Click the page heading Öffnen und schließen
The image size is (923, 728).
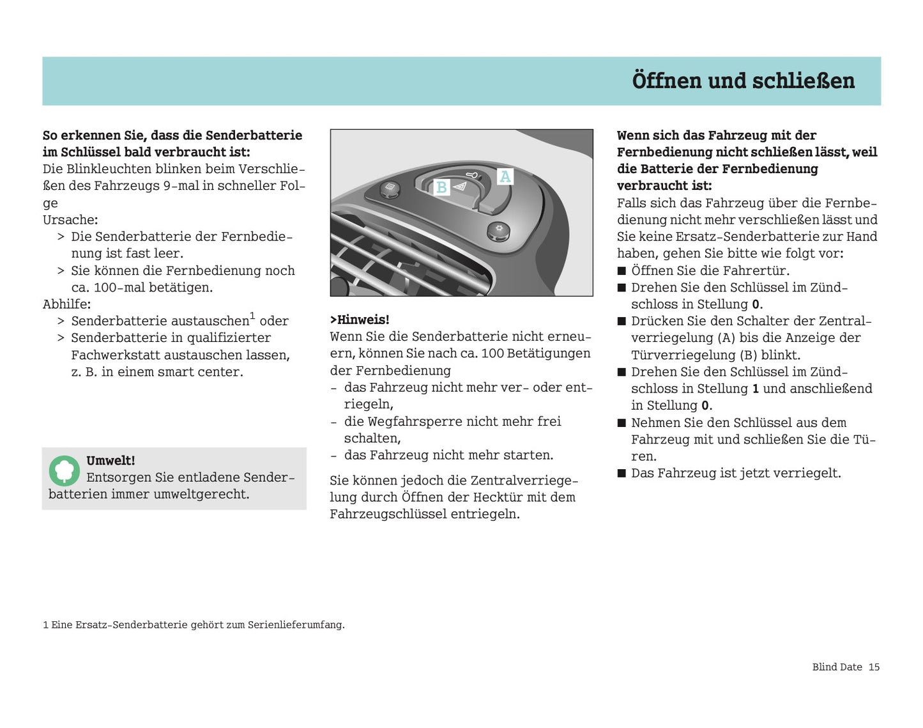(x=743, y=81)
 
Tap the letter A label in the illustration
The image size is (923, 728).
(x=505, y=176)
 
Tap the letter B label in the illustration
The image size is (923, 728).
(x=441, y=188)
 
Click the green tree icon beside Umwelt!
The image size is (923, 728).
(x=64, y=471)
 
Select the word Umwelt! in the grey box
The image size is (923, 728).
(x=111, y=461)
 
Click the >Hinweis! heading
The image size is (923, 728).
(x=360, y=320)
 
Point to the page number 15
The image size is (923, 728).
(x=874, y=667)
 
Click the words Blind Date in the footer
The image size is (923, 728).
(x=837, y=667)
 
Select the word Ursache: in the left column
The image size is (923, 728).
(x=70, y=220)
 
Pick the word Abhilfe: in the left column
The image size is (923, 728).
(x=66, y=304)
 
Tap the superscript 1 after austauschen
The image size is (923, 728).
(x=252, y=316)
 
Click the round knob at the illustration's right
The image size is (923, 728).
(x=498, y=231)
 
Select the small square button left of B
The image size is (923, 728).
(x=390, y=189)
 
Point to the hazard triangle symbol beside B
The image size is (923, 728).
(x=460, y=186)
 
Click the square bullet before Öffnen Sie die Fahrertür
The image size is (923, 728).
(x=622, y=271)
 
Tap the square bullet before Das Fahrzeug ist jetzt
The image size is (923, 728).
(x=622, y=474)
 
